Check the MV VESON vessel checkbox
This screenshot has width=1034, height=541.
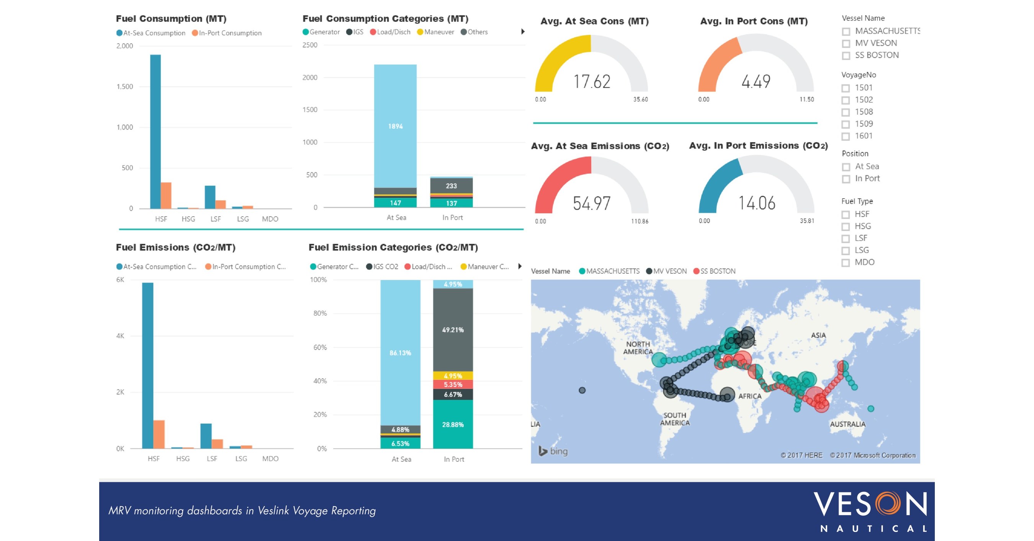[846, 43]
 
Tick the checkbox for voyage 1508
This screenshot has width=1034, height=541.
[846, 112]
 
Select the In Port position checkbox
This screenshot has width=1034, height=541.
[846, 179]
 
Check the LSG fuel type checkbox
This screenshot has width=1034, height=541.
[846, 251]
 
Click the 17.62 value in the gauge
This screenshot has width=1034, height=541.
[592, 82]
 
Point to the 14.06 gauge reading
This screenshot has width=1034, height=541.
[757, 203]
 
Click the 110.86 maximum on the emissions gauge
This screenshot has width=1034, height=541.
[640, 222]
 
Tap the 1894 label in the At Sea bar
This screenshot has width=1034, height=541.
[395, 126]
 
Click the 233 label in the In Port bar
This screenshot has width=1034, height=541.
[451, 186]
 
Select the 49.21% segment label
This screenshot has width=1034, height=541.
[453, 330]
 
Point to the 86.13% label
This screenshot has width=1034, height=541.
[400, 353]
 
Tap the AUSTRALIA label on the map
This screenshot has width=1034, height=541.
[847, 424]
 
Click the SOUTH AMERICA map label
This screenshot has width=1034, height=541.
[675, 419]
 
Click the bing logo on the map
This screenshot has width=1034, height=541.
[553, 451]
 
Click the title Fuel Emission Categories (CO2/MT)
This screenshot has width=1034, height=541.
[393, 248]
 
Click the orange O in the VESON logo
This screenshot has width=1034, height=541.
[887, 504]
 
